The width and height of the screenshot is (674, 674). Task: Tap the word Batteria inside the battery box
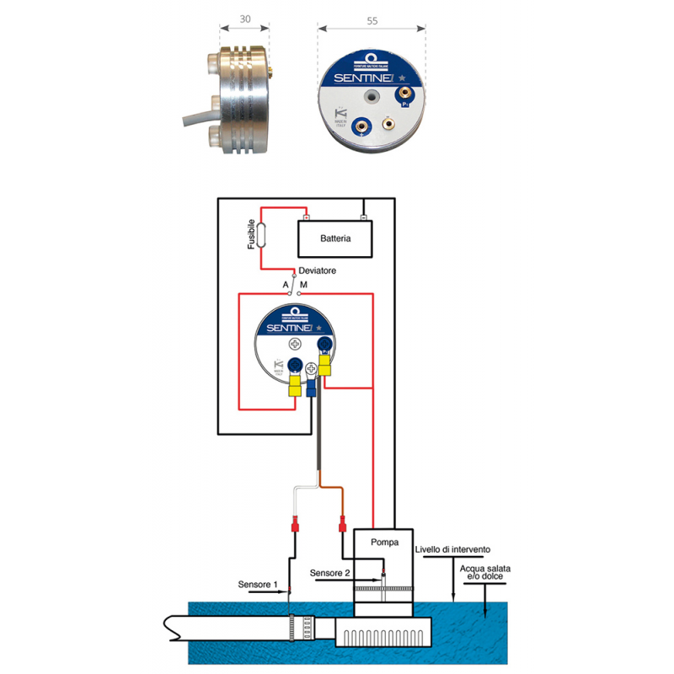335,238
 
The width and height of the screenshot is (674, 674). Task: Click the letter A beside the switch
286,286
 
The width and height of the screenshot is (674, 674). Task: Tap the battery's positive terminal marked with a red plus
307,218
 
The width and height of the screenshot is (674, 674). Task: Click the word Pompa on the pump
384,542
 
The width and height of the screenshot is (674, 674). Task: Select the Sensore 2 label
329,573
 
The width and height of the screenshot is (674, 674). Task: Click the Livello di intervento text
452,549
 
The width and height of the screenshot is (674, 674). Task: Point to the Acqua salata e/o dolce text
485,573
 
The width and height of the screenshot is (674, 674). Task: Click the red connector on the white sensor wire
295,528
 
